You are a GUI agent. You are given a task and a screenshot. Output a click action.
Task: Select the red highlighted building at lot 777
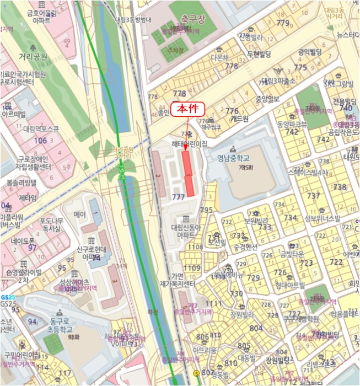[189, 172]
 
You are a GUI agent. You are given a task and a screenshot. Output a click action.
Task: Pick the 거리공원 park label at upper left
[33, 57]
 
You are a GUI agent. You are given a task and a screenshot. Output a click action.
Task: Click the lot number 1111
[213, 304]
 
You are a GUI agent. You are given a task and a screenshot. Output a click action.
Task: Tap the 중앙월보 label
[267, 99]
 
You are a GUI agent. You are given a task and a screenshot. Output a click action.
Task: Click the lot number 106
[40, 141]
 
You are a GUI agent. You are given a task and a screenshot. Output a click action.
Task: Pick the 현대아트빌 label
[290, 285]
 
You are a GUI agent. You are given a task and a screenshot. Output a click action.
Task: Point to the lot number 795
[206, 210]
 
